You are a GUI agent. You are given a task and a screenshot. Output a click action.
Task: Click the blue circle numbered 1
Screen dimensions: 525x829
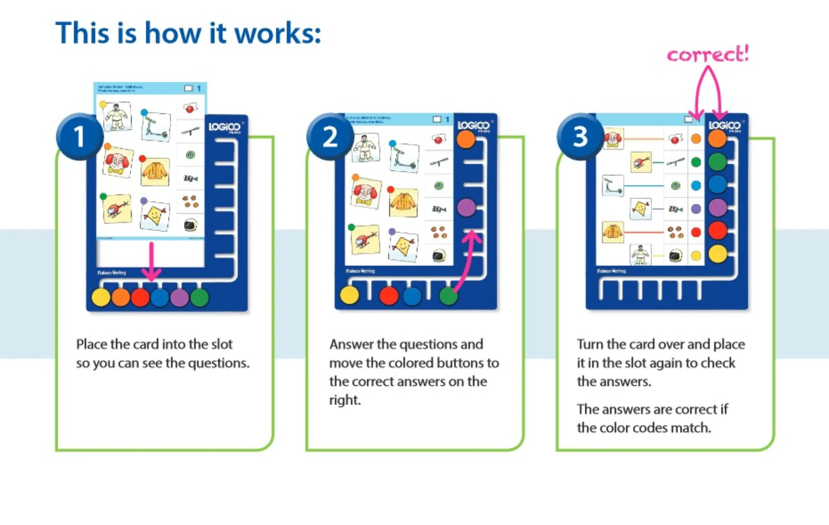click(x=80, y=136)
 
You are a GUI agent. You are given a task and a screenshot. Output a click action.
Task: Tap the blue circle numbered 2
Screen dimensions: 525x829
click(x=330, y=136)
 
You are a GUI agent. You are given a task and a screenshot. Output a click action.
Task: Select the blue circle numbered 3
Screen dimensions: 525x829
click(x=580, y=136)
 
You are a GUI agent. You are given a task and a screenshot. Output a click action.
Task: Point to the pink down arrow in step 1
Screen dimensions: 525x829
click(x=151, y=262)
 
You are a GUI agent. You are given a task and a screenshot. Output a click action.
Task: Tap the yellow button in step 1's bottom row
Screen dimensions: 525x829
click(x=101, y=297)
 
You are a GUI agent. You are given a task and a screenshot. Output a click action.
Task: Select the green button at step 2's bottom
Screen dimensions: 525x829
click(x=448, y=296)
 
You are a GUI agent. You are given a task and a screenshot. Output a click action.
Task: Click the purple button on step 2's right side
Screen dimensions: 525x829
click(x=466, y=207)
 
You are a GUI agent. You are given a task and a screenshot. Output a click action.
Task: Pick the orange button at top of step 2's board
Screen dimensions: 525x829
click(x=466, y=139)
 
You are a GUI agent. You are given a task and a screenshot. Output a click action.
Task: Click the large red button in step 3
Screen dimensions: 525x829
click(x=718, y=230)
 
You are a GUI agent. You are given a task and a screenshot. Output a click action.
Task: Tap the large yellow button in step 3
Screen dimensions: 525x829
click(x=718, y=254)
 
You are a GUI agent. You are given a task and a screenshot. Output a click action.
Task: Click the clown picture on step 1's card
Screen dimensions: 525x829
click(x=118, y=161)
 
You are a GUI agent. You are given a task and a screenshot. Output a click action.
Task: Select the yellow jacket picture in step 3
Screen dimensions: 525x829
click(x=613, y=232)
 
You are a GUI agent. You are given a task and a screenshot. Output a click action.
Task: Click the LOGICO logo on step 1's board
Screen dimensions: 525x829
click(x=225, y=127)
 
